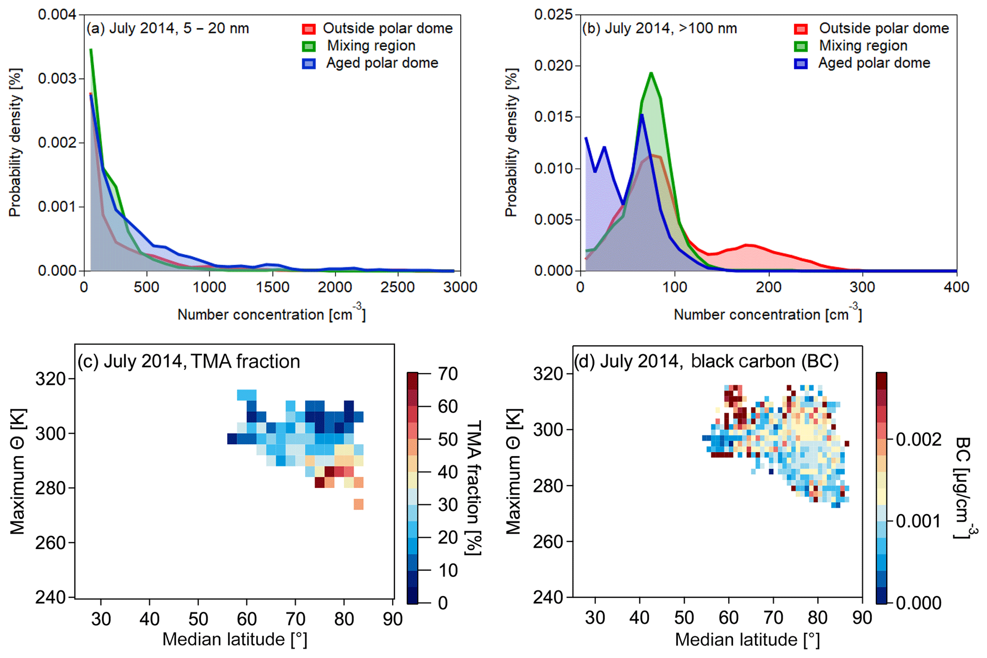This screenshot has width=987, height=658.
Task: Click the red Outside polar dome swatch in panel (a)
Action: tap(309, 29)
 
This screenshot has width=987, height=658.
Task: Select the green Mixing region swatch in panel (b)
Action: tap(801, 46)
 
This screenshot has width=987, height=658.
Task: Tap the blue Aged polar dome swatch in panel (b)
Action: tap(801, 64)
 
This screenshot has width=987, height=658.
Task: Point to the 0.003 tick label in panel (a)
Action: tap(57, 78)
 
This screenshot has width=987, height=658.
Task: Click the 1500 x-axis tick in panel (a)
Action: tap(272, 287)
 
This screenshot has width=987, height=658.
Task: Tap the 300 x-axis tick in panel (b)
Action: tap(862, 287)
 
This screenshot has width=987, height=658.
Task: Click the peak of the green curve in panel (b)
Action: tap(651, 73)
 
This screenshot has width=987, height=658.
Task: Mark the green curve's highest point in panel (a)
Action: tap(91, 49)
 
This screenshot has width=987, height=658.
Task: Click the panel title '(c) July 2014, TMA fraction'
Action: tap(189, 361)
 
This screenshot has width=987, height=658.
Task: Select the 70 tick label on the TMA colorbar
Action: tap(448, 374)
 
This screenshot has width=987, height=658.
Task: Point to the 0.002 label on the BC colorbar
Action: tap(918, 439)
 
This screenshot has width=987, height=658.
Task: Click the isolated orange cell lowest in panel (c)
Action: tap(359, 504)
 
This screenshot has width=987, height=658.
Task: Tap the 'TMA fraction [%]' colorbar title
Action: tap(473, 488)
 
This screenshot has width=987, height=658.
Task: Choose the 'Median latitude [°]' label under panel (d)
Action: tap(747, 640)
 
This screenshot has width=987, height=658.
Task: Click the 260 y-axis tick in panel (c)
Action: tap(50, 542)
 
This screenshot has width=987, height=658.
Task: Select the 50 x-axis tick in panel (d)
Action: tap(684, 618)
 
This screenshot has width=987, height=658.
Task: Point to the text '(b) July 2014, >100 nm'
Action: tap(659, 29)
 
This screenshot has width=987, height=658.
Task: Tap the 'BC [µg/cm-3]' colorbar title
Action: tap(965, 488)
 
